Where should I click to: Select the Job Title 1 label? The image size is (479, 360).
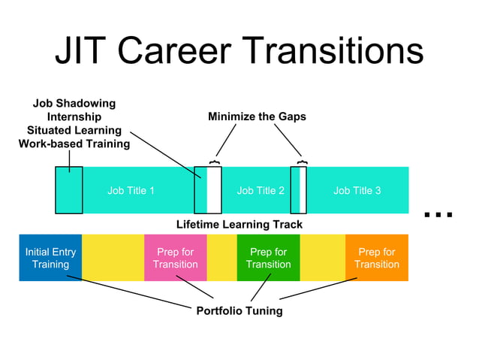131,191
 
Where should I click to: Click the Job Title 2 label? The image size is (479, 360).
261,191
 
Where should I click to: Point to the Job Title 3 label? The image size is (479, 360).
357,191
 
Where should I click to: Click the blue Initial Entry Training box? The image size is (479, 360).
50,258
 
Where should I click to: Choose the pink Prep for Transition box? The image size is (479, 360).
175,258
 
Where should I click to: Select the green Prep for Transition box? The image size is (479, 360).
268,258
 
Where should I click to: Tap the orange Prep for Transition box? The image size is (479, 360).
377,258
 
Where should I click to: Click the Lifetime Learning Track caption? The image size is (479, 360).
239,224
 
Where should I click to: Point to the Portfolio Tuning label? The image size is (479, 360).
239,310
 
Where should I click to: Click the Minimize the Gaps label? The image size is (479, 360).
257,117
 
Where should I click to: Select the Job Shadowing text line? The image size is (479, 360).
74,103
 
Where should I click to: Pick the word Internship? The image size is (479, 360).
74,116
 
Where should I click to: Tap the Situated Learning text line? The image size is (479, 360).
74,130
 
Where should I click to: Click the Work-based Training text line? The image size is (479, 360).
74,144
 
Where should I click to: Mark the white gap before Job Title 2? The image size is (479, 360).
215,191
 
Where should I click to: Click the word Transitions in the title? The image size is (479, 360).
334,52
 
